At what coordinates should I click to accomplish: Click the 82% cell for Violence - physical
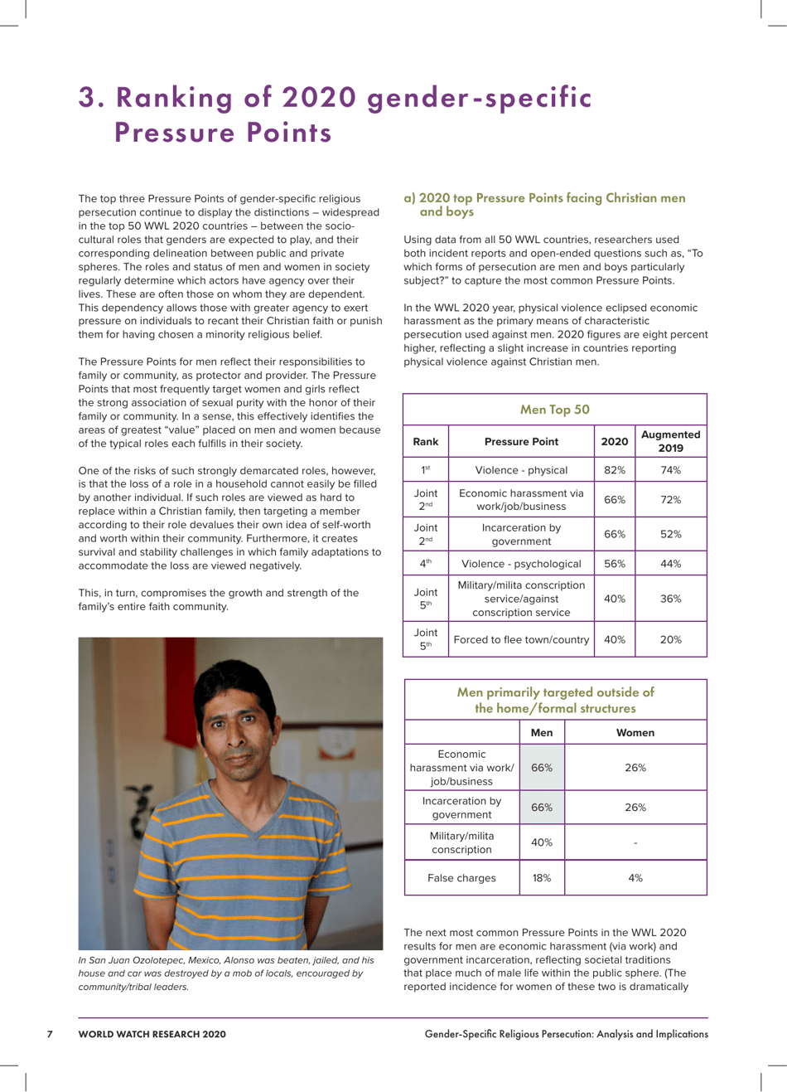tap(614, 470)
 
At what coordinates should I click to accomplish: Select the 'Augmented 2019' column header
tap(670, 441)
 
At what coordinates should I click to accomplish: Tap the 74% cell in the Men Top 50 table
tap(670, 470)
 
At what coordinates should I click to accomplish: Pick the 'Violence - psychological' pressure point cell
tap(521, 564)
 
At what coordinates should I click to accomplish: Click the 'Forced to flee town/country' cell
tap(521, 639)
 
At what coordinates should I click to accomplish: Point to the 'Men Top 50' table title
tap(554, 410)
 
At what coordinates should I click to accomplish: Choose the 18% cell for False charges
tap(542, 878)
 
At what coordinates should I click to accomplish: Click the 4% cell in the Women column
tap(635, 878)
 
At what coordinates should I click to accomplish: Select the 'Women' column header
tap(635, 733)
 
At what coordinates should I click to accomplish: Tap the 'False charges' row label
tap(461, 878)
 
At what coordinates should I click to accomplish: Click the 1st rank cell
tap(426, 470)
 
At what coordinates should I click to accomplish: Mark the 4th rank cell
tap(426, 564)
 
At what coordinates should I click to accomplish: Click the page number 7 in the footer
tap(50, 1034)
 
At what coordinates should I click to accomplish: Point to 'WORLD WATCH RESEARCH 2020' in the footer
tap(152, 1034)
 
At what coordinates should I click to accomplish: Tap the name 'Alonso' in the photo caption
tap(257, 960)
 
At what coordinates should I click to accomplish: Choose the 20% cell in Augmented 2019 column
tap(670, 639)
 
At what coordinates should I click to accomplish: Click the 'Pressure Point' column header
tap(521, 441)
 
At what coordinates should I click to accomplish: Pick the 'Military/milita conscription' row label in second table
tap(461, 842)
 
